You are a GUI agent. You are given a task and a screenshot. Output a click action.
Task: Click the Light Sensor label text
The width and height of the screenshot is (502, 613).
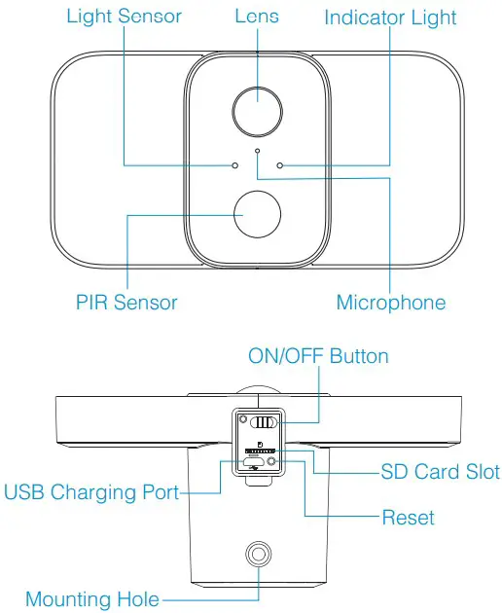[x=124, y=18]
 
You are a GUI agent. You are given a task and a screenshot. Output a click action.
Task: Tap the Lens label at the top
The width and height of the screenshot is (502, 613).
[x=257, y=18]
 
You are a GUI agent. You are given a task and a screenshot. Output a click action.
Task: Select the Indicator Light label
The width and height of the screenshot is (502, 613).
[x=390, y=18]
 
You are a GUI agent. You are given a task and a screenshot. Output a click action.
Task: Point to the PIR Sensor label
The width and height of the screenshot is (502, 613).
[x=126, y=302]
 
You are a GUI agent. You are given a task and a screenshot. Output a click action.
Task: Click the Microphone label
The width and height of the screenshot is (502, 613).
[x=390, y=302]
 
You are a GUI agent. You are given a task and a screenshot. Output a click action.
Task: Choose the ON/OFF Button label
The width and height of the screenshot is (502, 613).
[x=319, y=355]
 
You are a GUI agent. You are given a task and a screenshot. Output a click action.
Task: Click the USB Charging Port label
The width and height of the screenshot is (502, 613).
[x=92, y=492]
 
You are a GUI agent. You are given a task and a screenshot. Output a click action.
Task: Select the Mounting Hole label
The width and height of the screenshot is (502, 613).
[x=92, y=598]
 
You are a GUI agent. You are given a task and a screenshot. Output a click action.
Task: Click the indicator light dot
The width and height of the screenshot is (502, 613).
[x=279, y=164]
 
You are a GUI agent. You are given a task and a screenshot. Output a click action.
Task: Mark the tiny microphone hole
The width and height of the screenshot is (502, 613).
[x=257, y=151]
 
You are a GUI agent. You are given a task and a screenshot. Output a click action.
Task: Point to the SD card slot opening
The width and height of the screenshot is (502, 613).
[x=258, y=452]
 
